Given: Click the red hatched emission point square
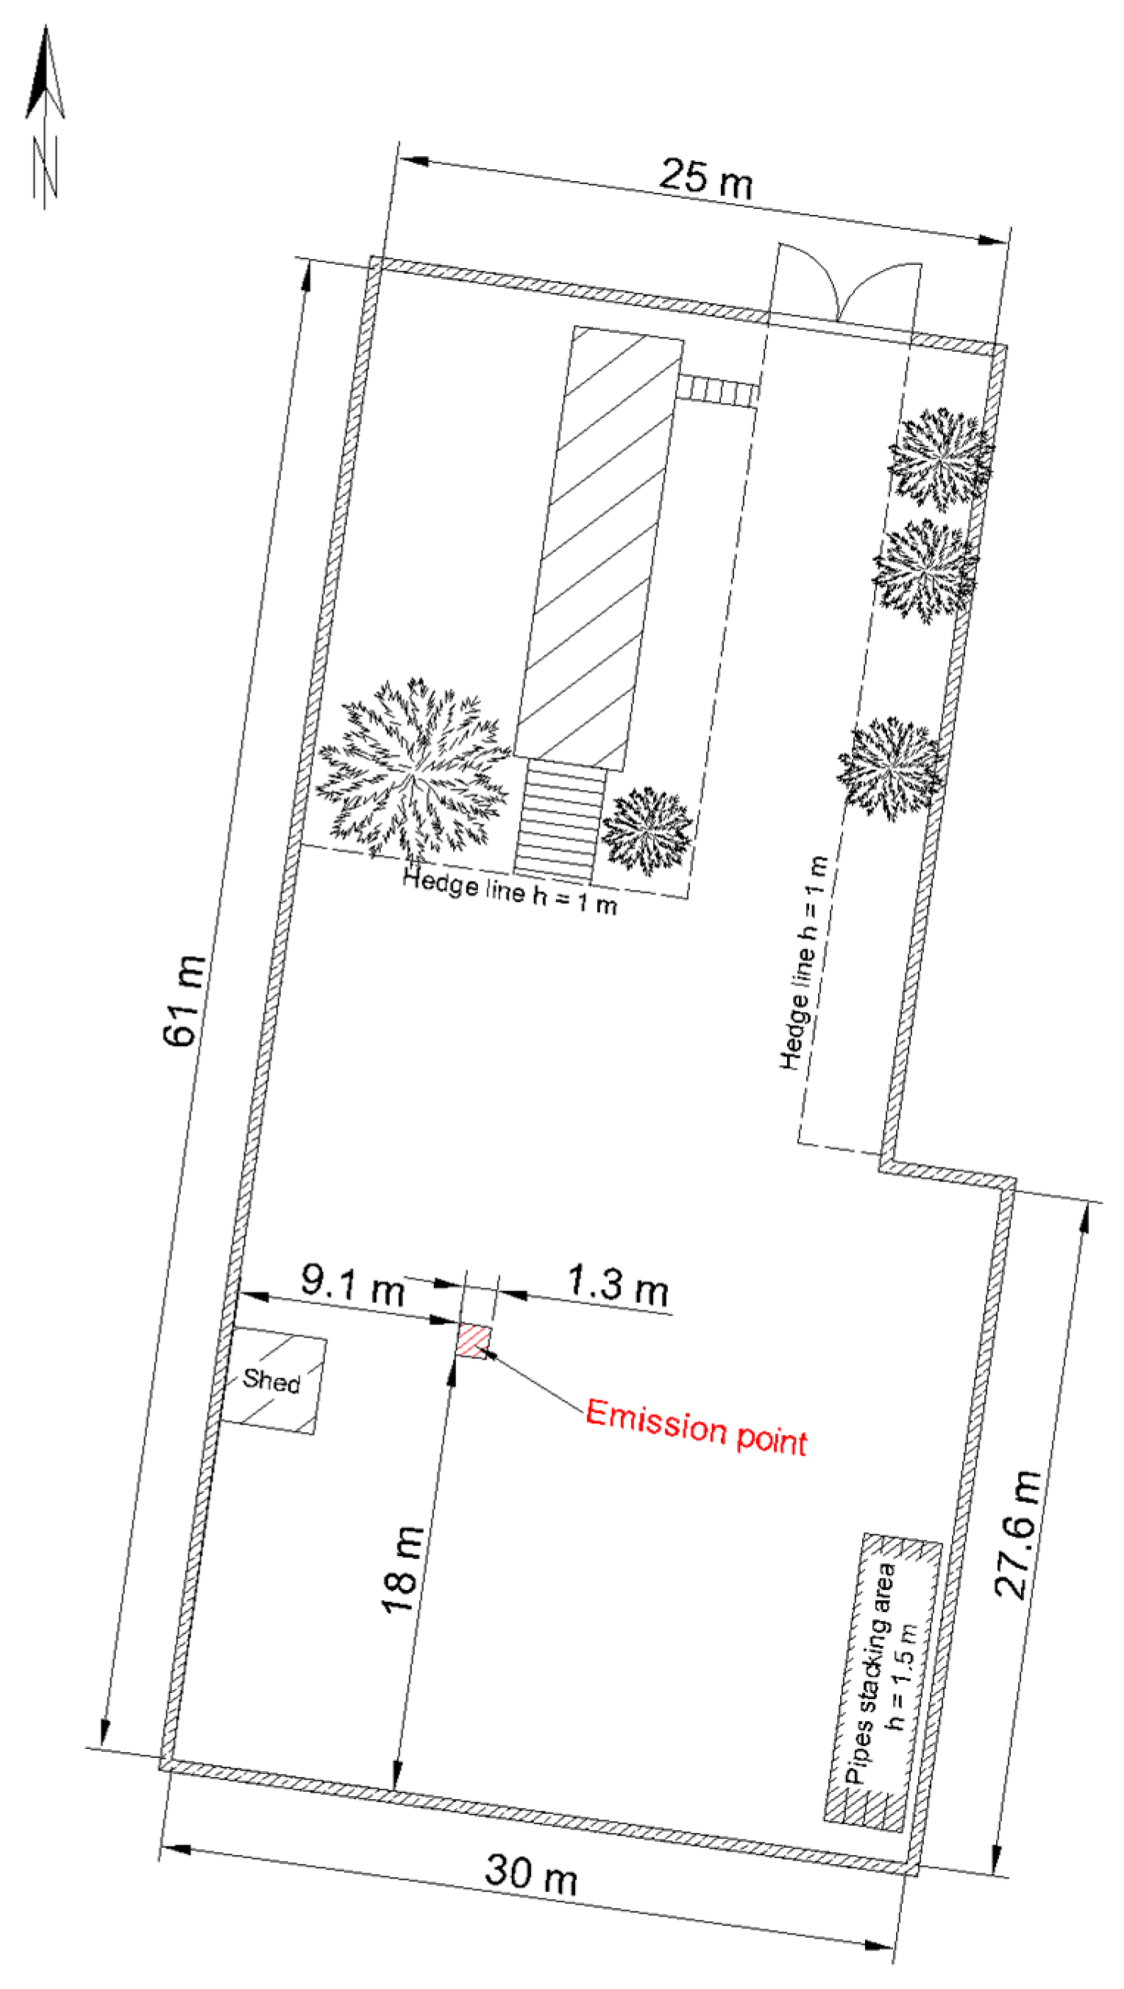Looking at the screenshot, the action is (x=473, y=1341).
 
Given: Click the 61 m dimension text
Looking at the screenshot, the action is (x=185, y=1000).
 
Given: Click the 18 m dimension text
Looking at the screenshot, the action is (x=403, y=1570).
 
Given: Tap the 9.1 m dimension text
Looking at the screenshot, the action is (x=353, y=1285).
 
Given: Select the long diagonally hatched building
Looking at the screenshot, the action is (x=599, y=548).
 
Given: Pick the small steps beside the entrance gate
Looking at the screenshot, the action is (x=716, y=390).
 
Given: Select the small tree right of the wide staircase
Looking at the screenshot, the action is (x=647, y=830).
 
